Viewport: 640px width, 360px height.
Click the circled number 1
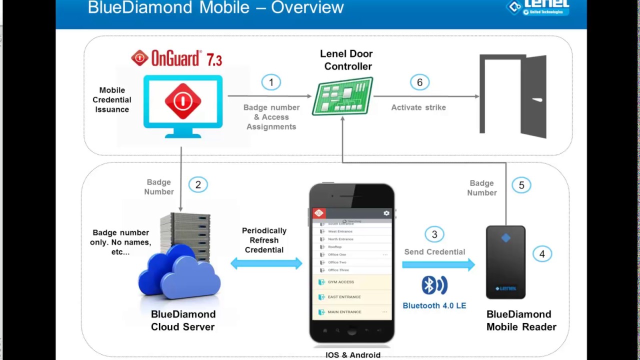click(271, 82)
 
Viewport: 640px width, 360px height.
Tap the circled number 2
click(198, 185)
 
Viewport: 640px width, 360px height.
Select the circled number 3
click(434, 234)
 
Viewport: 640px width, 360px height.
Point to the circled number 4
click(542, 254)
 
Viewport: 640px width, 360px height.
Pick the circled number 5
click(521, 185)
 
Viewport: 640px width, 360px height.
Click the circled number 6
click(419, 82)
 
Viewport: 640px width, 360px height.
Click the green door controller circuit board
click(342, 96)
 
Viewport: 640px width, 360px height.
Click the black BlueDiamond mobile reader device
click(505, 262)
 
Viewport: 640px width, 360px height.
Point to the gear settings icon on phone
click(386, 213)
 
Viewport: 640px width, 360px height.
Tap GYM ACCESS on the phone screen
click(341, 282)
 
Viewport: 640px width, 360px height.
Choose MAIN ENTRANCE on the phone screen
click(344, 312)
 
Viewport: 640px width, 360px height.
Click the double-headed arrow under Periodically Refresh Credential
click(266, 263)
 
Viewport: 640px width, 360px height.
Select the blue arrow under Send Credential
click(438, 264)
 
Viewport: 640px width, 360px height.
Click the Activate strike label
click(418, 107)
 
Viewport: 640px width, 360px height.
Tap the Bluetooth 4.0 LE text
click(434, 305)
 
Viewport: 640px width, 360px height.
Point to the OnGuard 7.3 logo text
click(176, 58)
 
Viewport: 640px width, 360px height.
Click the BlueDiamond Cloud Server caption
click(183, 320)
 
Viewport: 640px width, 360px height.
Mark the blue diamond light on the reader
click(505, 238)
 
